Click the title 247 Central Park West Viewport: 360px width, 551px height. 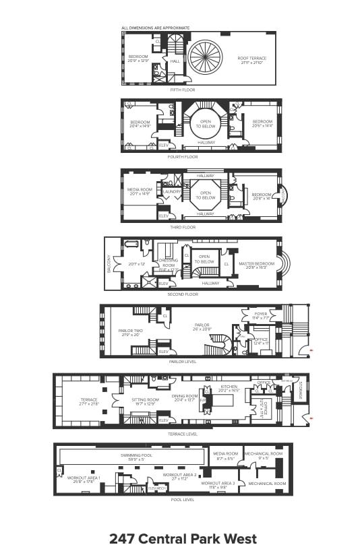183,538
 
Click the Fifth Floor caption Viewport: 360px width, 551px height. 182,89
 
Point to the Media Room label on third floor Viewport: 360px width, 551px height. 138,193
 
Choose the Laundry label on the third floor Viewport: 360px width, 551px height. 173,191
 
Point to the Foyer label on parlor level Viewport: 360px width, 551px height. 261,315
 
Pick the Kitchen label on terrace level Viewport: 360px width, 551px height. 229,389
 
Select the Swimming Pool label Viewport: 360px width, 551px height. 133,457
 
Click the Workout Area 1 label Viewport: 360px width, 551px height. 84,480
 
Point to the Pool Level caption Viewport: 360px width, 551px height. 183,500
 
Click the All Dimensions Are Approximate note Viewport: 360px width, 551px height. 154,28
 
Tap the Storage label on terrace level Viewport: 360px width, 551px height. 300,391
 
